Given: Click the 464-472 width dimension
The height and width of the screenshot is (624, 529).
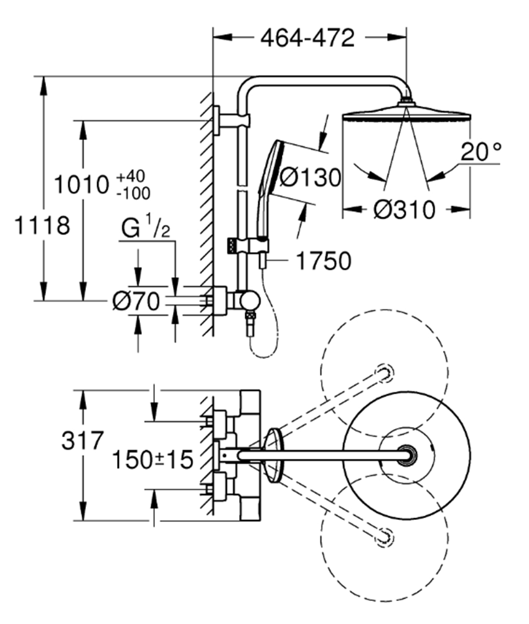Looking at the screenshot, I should click(x=307, y=38).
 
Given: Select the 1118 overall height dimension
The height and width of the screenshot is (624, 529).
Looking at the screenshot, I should click(x=42, y=225).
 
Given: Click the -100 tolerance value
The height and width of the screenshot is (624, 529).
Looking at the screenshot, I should click(x=133, y=194).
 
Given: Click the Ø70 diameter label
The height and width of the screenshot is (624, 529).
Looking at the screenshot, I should click(x=136, y=302).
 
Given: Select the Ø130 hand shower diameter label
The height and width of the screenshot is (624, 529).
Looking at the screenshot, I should click(x=309, y=178).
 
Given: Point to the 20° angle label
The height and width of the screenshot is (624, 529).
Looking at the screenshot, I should click(x=480, y=150).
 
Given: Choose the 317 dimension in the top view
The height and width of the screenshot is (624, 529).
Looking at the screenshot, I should click(x=82, y=441).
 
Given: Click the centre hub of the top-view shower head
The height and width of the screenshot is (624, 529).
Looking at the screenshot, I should click(x=408, y=454).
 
